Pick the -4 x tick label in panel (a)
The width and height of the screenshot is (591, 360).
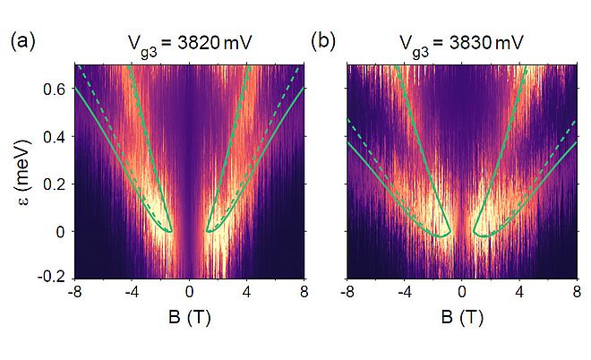(130, 292)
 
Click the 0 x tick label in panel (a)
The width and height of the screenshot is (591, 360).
(189, 292)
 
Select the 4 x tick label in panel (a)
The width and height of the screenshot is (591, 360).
(247, 292)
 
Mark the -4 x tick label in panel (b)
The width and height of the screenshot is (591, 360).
(403, 292)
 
